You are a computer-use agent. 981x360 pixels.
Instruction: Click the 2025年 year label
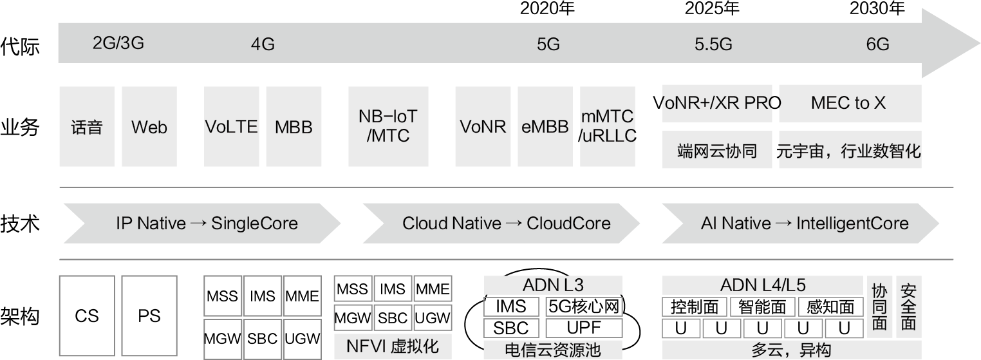(x=712, y=8)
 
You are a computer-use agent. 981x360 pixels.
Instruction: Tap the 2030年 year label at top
(x=877, y=8)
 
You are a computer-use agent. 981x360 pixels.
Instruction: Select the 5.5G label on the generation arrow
(x=713, y=44)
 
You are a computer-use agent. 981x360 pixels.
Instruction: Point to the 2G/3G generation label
(x=118, y=43)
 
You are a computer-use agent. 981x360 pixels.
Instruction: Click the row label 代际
(x=20, y=47)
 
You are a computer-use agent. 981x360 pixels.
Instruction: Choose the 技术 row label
(x=20, y=223)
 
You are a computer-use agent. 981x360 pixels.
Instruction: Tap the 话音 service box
(x=87, y=127)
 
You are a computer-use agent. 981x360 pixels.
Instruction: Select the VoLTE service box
(x=231, y=127)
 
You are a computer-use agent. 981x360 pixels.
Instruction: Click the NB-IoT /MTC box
(x=388, y=127)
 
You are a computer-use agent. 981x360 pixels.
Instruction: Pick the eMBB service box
(x=545, y=127)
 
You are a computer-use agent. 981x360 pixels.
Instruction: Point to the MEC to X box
(x=848, y=103)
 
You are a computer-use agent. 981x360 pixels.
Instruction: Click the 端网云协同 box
(x=716, y=151)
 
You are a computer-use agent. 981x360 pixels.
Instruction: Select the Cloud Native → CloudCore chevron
(x=507, y=223)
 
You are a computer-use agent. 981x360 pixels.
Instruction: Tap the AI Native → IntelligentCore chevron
(x=804, y=223)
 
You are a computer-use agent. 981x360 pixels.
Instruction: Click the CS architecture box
(x=87, y=316)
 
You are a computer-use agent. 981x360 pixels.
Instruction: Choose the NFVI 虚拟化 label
(x=393, y=346)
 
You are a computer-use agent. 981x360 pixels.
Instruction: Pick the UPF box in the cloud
(x=584, y=328)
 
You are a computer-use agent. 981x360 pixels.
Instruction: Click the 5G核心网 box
(x=584, y=307)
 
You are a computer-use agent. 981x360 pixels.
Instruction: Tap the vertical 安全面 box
(x=908, y=307)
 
